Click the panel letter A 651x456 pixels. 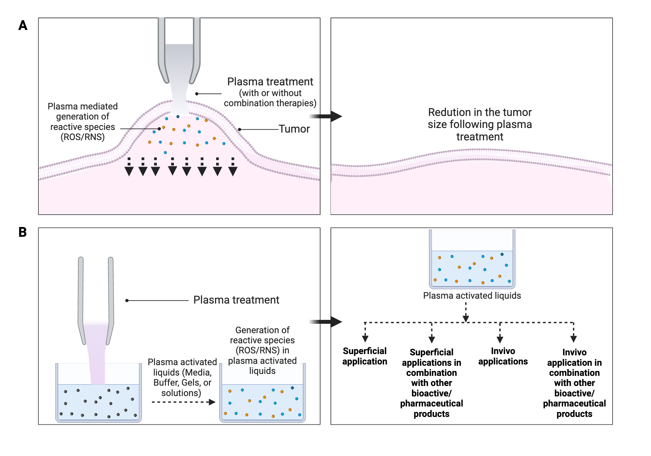click(x=23, y=25)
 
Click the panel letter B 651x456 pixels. click(x=22, y=232)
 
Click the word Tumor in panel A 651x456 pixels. click(x=294, y=129)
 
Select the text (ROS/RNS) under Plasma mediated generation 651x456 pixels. click(x=83, y=137)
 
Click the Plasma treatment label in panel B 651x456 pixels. click(x=236, y=300)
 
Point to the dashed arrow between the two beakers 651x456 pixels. click(x=184, y=402)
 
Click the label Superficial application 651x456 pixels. click(x=365, y=356)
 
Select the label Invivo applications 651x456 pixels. click(x=503, y=356)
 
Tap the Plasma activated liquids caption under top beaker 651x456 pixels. click(x=472, y=296)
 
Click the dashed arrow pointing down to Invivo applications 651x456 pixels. click(x=500, y=334)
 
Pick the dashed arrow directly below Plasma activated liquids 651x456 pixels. click(x=466, y=313)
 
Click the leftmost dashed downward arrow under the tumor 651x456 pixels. click(x=129, y=167)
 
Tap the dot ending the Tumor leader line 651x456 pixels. click(x=240, y=130)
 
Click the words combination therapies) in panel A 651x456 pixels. click(x=270, y=103)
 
